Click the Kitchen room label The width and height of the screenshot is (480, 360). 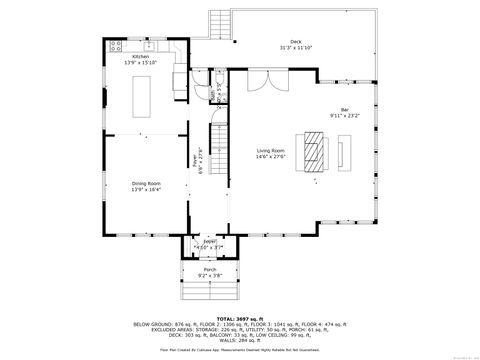[140, 57]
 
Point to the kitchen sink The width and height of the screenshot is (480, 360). [150, 46]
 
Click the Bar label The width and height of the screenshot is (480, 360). [345, 109]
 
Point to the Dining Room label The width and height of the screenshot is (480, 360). [146, 184]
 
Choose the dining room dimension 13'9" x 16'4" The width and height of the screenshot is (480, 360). [146, 190]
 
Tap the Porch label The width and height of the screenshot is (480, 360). [209, 269]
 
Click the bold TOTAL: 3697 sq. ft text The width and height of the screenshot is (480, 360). [240, 319]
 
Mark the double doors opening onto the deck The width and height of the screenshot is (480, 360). [260, 83]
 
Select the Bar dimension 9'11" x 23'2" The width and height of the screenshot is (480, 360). [345, 115]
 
